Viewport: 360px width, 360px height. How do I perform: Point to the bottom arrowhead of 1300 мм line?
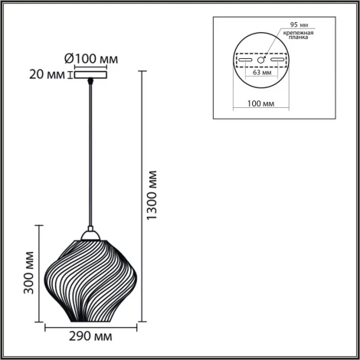(142, 319)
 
